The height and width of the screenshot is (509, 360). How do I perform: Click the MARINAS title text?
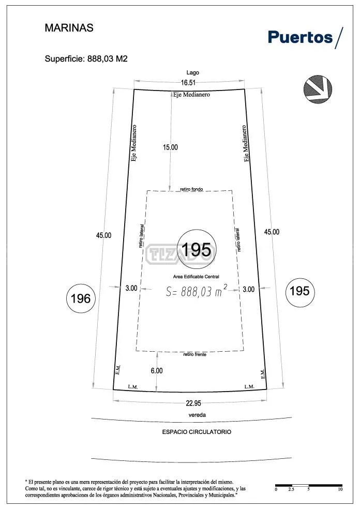[69, 27]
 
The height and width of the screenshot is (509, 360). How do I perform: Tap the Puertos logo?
[305, 37]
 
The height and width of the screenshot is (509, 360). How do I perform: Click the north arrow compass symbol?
[318, 89]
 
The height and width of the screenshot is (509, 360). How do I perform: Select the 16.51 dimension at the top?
[188, 82]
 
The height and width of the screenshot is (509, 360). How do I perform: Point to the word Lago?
[193, 73]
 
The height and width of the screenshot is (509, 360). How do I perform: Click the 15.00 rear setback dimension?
[170, 147]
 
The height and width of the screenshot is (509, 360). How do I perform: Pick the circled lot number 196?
[81, 298]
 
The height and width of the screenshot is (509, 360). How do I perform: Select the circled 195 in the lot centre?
[197, 250]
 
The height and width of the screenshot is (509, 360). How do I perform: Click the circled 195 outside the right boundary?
[300, 292]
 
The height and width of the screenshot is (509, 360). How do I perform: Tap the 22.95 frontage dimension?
[193, 403]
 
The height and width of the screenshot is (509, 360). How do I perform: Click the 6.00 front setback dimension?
[157, 371]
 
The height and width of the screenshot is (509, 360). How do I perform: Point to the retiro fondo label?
[191, 189]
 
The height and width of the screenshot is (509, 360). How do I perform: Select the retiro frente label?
[195, 354]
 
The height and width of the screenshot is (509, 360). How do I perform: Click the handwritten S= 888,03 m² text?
[197, 291]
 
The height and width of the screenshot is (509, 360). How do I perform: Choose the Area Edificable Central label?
[196, 277]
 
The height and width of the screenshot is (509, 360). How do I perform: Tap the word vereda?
[197, 415]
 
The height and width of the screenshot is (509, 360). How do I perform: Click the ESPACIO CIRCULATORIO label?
[197, 432]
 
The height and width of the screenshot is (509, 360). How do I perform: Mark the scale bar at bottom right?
[309, 486]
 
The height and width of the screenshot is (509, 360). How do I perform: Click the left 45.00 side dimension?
[103, 236]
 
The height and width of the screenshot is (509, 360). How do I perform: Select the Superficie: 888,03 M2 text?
[86, 59]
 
